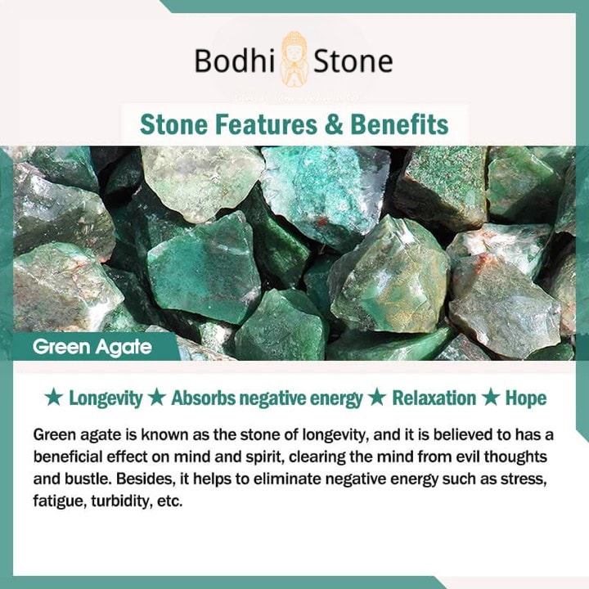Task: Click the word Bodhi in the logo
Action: (235, 61)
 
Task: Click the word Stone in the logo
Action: (353, 61)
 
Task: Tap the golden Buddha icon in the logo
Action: (294, 59)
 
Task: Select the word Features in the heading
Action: (266, 124)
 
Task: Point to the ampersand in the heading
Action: (334, 124)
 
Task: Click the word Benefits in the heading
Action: (399, 124)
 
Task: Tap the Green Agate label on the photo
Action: (92, 347)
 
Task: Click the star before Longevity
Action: (54, 398)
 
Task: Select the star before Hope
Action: (491, 398)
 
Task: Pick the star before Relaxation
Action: (377, 398)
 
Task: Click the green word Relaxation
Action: (434, 398)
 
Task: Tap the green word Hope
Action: (526, 399)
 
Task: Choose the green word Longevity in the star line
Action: (106, 399)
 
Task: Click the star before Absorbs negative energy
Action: (156, 398)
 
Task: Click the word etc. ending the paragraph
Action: (170, 501)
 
